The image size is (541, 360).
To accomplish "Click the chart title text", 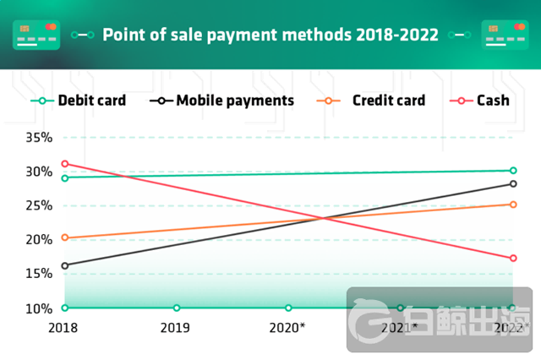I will click(x=270, y=35).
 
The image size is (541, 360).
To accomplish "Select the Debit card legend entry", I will click(x=91, y=101).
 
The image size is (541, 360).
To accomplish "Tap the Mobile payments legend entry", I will click(x=235, y=101).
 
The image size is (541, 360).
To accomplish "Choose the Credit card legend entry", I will click(x=388, y=101).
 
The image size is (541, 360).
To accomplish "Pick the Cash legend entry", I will click(x=493, y=101).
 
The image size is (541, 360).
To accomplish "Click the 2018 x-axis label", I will click(x=63, y=327).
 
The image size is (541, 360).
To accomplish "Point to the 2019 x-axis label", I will click(x=175, y=327).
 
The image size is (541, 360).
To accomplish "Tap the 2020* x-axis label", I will click(x=287, y=327).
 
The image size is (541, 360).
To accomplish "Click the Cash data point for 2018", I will click(x=64, y=163).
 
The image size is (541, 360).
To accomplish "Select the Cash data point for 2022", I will click(x=513, y=259).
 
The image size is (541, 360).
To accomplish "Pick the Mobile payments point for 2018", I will click(x=64, y=265).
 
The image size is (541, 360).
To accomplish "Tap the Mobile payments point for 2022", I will click(x=513, y=184).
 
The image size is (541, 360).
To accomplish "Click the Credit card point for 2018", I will click(x=64, y=238).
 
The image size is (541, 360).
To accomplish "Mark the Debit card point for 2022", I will click(x=513, y=171).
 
